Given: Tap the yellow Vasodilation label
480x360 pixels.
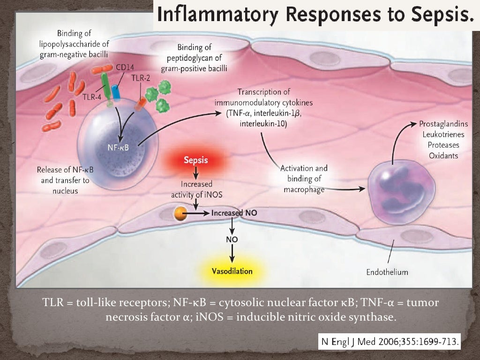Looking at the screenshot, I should coord(232,271).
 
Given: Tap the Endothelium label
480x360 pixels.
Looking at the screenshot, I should coord(387,272).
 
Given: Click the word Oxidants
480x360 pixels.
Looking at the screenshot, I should coord(443,155).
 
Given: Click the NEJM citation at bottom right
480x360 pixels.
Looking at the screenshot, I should coord(390,341).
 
